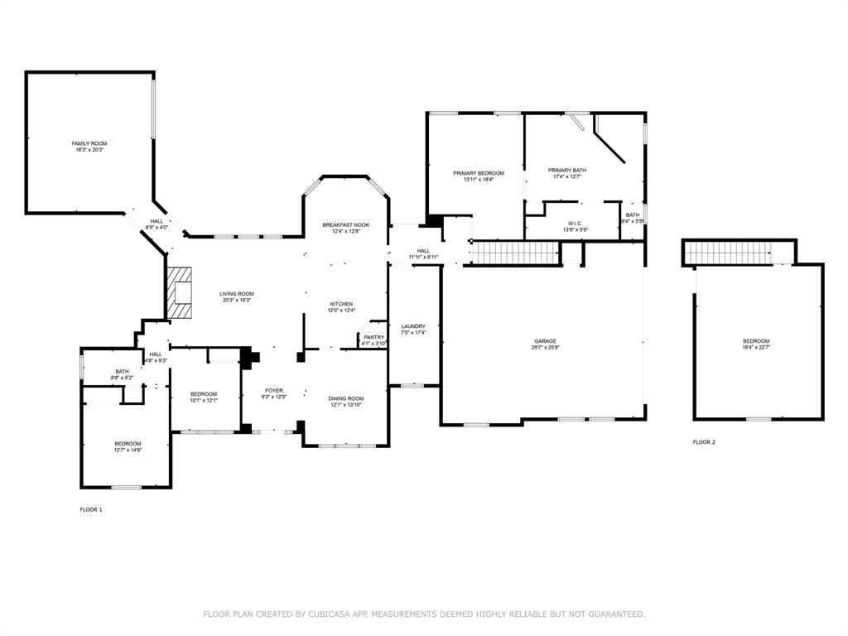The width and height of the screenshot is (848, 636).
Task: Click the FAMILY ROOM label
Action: click(89, 143)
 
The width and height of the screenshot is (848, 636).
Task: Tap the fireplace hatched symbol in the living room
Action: click(179, 293)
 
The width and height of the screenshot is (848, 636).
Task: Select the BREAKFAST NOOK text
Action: click(345, 225)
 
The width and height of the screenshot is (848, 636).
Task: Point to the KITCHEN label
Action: click(342, 304)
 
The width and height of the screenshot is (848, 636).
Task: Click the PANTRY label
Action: click(373, 337)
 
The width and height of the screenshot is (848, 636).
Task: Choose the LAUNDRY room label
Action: click(412, 326)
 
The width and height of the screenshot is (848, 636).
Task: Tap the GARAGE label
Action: click(544, 341)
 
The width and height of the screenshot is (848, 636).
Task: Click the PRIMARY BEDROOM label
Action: click(478, 173)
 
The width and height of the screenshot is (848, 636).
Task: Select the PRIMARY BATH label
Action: click(567, 170)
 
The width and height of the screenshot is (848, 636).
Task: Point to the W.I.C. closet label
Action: click(575, 224)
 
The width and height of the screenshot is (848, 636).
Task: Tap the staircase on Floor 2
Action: click(728, 251)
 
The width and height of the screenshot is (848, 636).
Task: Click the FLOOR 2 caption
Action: click(704, 442)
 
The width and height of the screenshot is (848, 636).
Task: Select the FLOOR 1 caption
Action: click(91, 509)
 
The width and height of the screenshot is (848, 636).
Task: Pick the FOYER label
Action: click(273, 391)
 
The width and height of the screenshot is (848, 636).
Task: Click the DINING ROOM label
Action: click(345, 398)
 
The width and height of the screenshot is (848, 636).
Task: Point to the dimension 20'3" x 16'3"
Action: click(236, 301)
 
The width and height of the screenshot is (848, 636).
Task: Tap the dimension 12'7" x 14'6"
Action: click(128, 450)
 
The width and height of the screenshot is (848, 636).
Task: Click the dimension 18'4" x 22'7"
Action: click(755, 348)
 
